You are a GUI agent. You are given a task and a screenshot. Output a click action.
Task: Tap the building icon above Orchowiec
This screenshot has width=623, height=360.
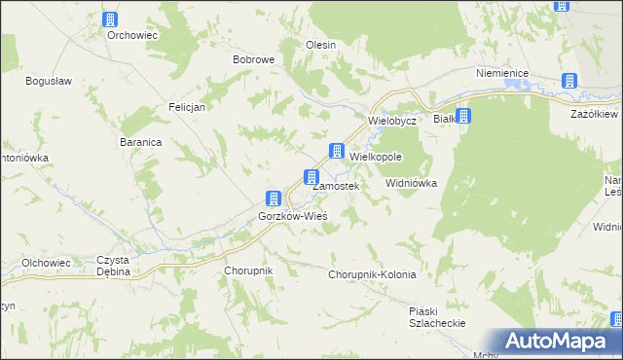tap(110, 18)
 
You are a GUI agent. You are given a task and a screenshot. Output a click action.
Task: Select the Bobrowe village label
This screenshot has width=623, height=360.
tap(253, 59)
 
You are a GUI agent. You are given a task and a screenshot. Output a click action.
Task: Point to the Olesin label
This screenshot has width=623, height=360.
tap(321, 45)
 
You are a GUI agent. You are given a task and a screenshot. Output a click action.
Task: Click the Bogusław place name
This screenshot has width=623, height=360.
tap(46, 80)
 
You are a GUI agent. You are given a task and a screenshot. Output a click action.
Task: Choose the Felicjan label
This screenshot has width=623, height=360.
tap(186, 107)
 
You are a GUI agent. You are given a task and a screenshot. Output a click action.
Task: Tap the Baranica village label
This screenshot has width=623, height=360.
tap(140, 141)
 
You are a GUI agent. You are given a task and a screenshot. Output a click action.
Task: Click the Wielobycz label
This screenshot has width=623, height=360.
tap(392, 121)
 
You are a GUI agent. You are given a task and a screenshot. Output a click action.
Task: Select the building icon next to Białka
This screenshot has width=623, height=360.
tap(464, 117)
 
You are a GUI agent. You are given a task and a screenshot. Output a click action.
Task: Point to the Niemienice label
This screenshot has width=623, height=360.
tap(501, 73)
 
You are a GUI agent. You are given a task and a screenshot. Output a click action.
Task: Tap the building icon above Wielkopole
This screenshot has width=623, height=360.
tap(336, 151)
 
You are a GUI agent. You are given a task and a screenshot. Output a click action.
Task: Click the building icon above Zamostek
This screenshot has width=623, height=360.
tap(311, 177)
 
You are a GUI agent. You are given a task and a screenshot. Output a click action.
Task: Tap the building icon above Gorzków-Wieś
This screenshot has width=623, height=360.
tap(275, 198)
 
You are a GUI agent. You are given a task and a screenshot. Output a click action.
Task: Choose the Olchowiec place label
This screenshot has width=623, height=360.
tap(46, 263)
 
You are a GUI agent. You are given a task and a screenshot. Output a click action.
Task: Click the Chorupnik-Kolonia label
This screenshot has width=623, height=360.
tap(373, 274)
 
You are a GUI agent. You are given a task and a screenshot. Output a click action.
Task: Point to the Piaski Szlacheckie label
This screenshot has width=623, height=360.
tap(437, 317)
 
